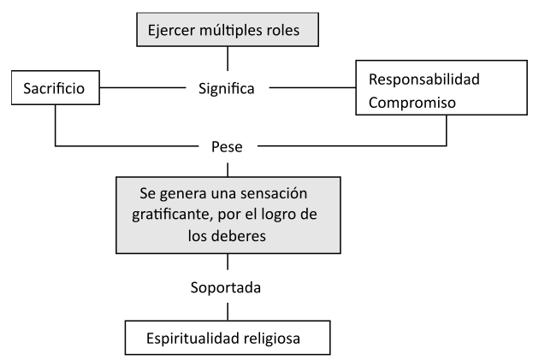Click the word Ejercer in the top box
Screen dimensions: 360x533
[x=171, y=32]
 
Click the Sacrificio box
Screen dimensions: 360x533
[x=55, y=86]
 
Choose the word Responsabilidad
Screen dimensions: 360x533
[x=423, y=80]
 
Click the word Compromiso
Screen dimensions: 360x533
[x=412, y=101]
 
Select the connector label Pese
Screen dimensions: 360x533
[x=227, y=146]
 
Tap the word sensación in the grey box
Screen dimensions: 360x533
[x=273, y=189]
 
